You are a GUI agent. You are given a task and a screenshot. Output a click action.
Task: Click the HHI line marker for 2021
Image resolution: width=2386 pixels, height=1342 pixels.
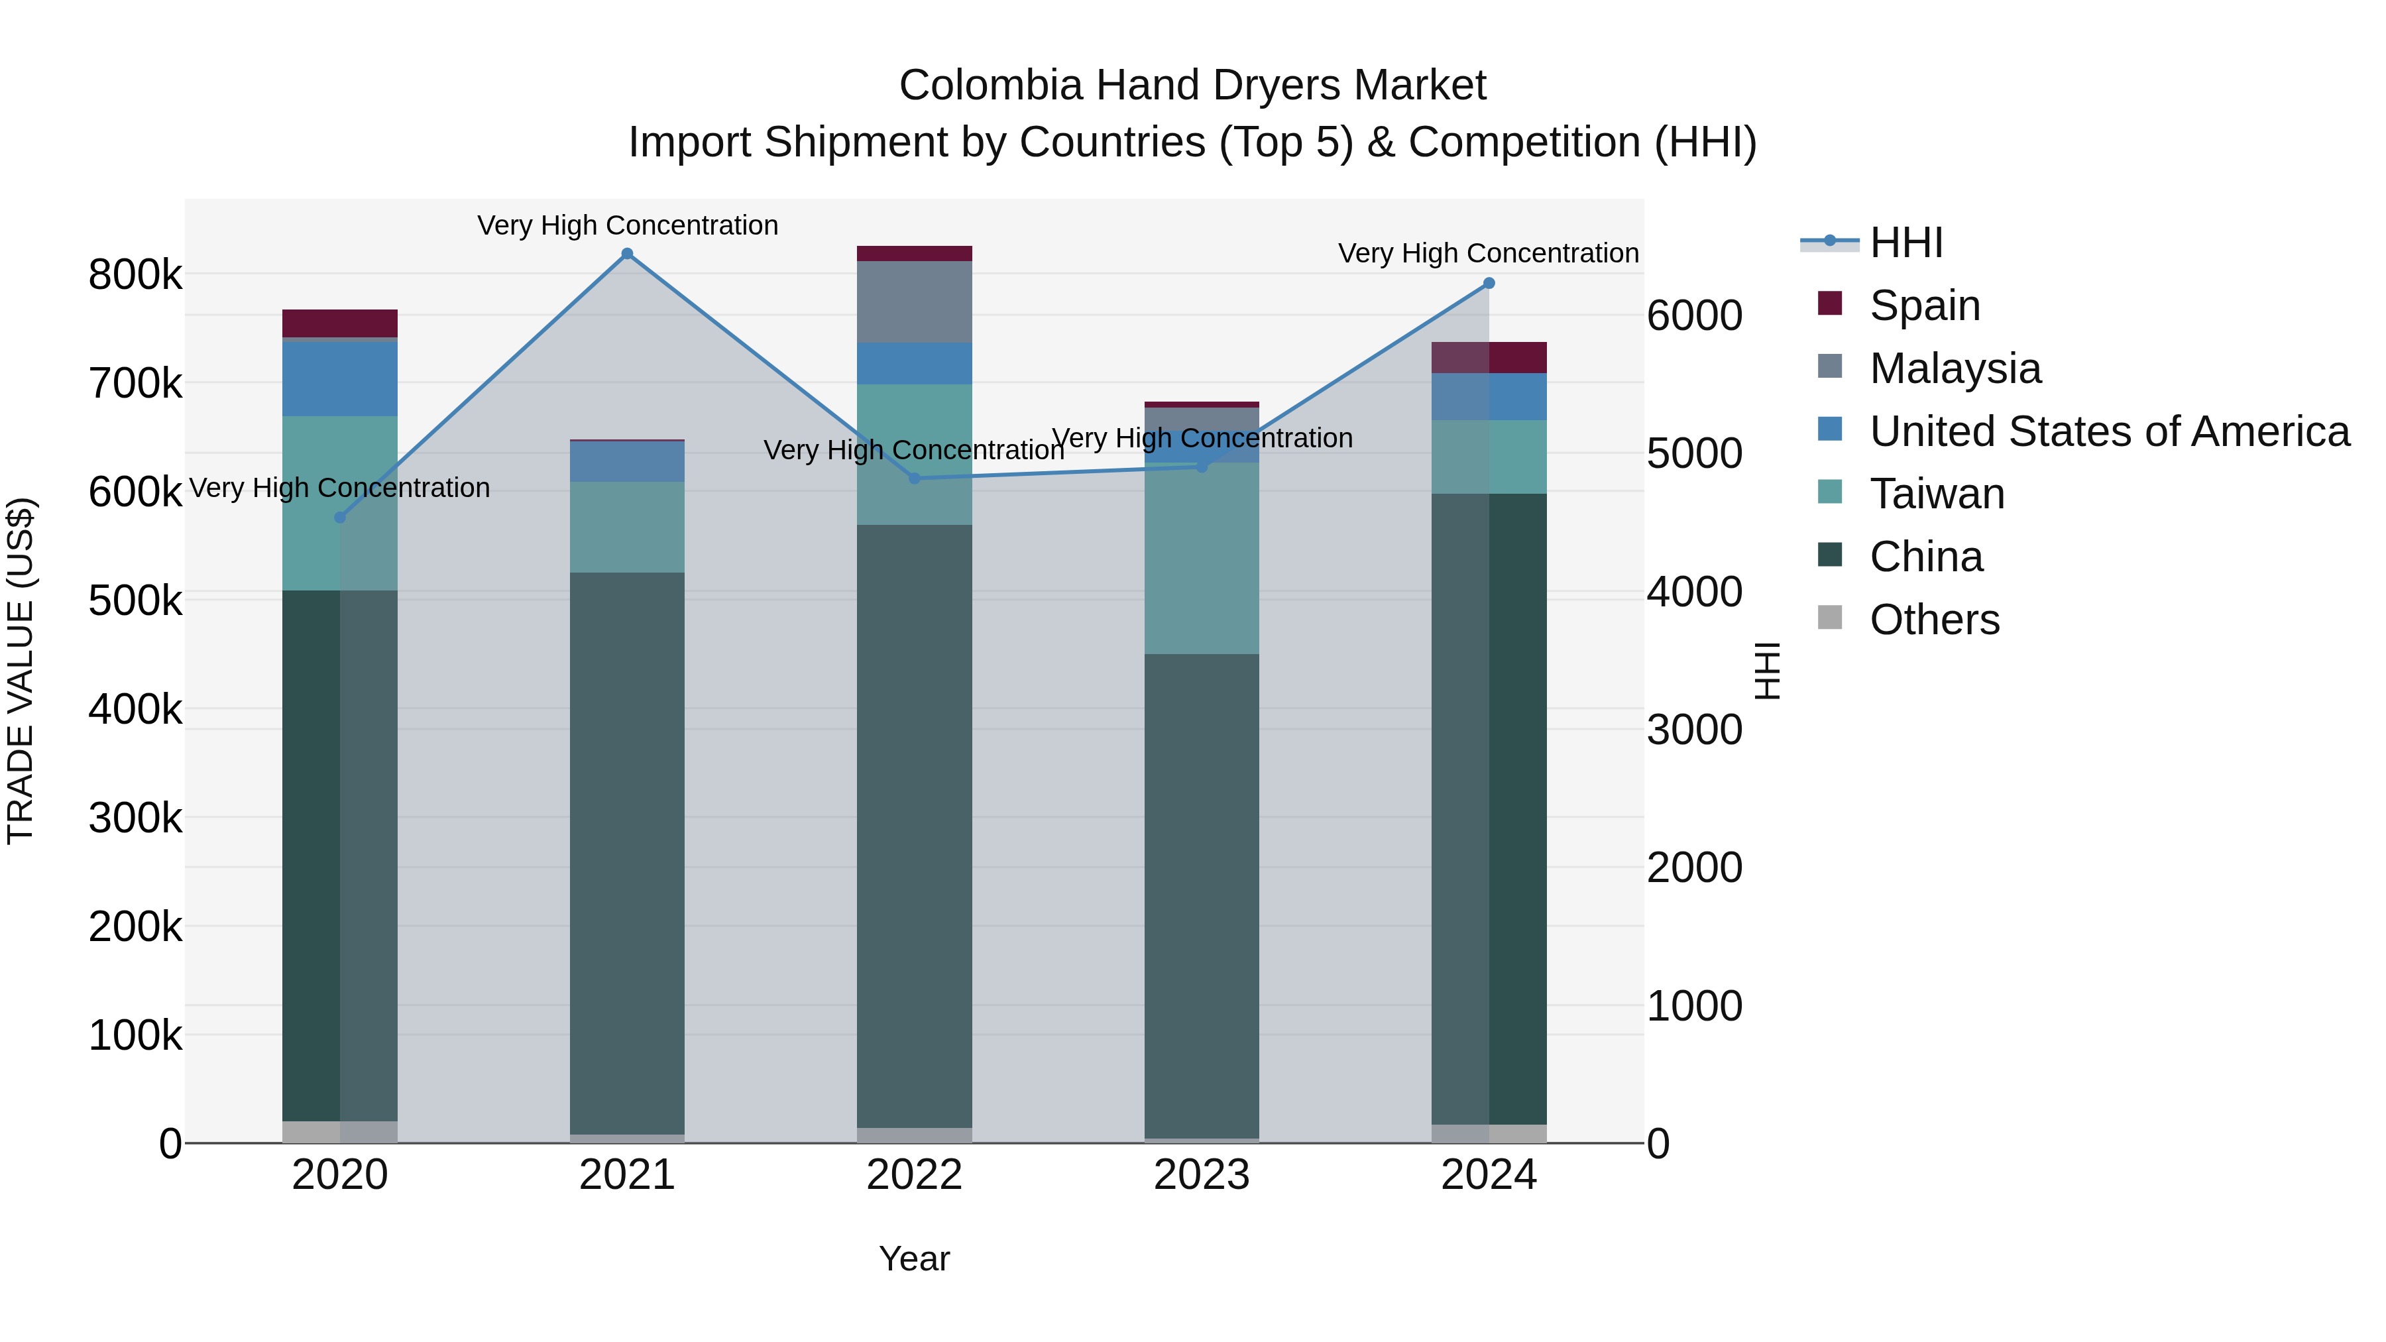coord(627,254)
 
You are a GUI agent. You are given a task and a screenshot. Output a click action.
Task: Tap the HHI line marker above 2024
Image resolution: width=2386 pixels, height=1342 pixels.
coord(1489,284)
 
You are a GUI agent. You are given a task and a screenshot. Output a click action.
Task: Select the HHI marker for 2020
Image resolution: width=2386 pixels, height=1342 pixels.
coord(340,518)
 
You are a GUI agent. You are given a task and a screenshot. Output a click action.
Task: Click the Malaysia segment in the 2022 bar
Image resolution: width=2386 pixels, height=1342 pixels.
coord(914,302)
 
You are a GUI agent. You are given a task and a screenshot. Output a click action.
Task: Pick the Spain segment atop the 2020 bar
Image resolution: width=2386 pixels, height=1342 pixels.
coord(340,323)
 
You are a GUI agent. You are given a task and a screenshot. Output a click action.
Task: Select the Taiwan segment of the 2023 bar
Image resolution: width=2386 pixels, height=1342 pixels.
coord(1202,559)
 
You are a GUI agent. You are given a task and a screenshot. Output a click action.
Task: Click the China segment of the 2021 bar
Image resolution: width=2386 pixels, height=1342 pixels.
coord(627,852)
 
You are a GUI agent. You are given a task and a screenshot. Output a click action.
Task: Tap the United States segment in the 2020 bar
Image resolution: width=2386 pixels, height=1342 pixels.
coord(340,379)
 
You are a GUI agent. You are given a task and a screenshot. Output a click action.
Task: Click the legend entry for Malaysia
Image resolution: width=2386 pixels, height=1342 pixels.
coord(1955,368)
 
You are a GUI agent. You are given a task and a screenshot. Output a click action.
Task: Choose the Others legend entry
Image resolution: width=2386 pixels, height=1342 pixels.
coord(1934,620)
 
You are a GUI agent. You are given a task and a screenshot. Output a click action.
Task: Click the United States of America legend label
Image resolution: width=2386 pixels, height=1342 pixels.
coord(2109,431)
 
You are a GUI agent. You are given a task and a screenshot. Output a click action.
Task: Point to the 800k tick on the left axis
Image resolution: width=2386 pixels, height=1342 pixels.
coord(135,275)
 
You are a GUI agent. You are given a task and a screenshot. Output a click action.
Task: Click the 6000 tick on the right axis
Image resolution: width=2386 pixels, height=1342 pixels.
coord(1694,316)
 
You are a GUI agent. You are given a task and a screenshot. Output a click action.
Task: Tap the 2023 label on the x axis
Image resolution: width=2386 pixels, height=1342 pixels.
coord(1202,1175)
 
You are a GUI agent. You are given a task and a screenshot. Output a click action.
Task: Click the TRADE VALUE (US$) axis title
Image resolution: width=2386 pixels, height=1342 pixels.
coord(21,671)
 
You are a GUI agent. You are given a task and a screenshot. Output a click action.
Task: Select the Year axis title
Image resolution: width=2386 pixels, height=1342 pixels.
coord(914,1258)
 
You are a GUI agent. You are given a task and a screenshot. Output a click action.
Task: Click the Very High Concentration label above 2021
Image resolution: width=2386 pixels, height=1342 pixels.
coord(627,225)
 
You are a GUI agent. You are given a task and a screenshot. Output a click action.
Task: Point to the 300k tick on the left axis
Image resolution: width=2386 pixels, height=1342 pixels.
coord(135,818)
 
